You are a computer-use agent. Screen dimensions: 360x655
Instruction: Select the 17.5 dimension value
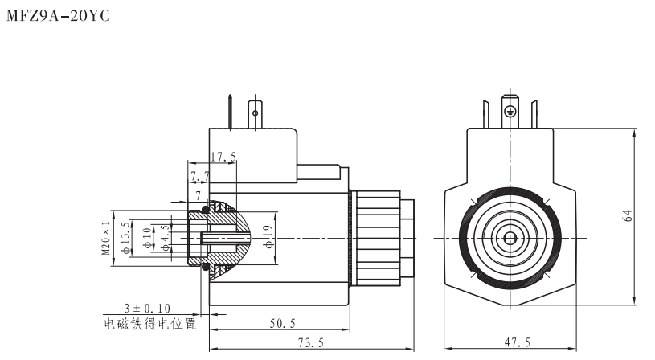coord(223,157)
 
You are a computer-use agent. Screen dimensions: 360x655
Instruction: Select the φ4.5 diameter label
coord(165,239)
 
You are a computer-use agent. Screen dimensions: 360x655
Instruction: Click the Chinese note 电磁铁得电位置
coord(150,324)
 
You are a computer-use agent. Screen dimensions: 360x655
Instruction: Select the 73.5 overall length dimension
coord(310,342)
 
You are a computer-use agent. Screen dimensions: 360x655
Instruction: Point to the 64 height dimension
coord(628,216)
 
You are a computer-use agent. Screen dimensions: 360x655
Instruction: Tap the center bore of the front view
coord(510,238)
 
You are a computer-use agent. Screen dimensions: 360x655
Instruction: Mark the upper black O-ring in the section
coord(206,211)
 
